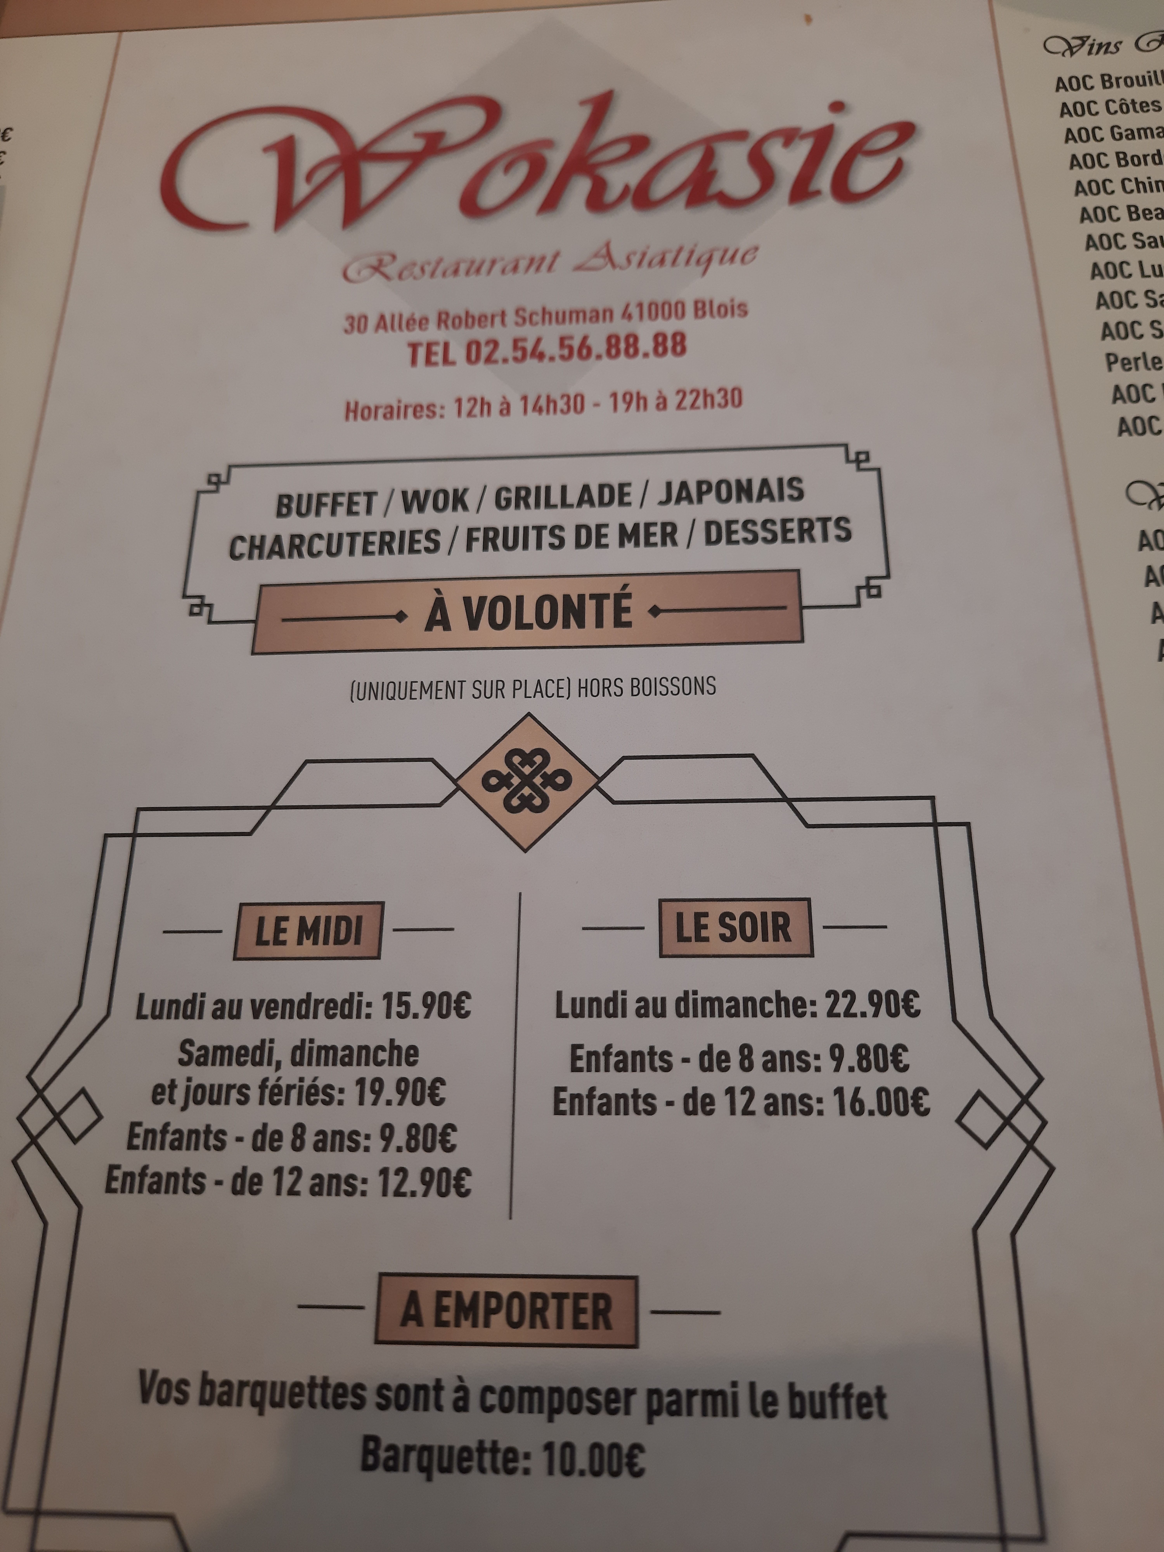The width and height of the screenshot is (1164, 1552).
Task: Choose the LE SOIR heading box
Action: click(735, 928)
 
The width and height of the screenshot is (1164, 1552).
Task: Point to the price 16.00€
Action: click(881, 1102)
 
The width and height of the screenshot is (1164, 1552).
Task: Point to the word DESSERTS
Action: click(777, 533)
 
